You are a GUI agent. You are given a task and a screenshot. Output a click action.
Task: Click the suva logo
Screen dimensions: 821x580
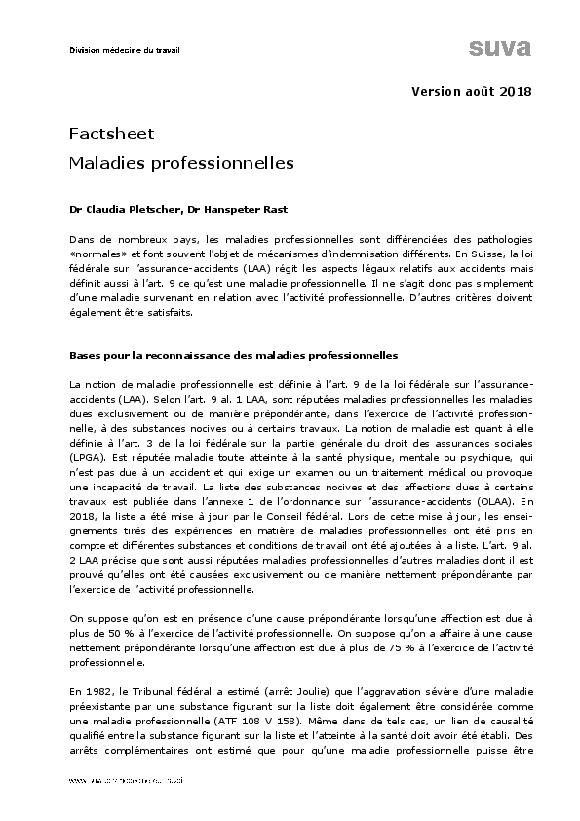tap(498, 49)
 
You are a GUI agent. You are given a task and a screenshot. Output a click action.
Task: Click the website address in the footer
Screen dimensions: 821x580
tap(127, 782)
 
